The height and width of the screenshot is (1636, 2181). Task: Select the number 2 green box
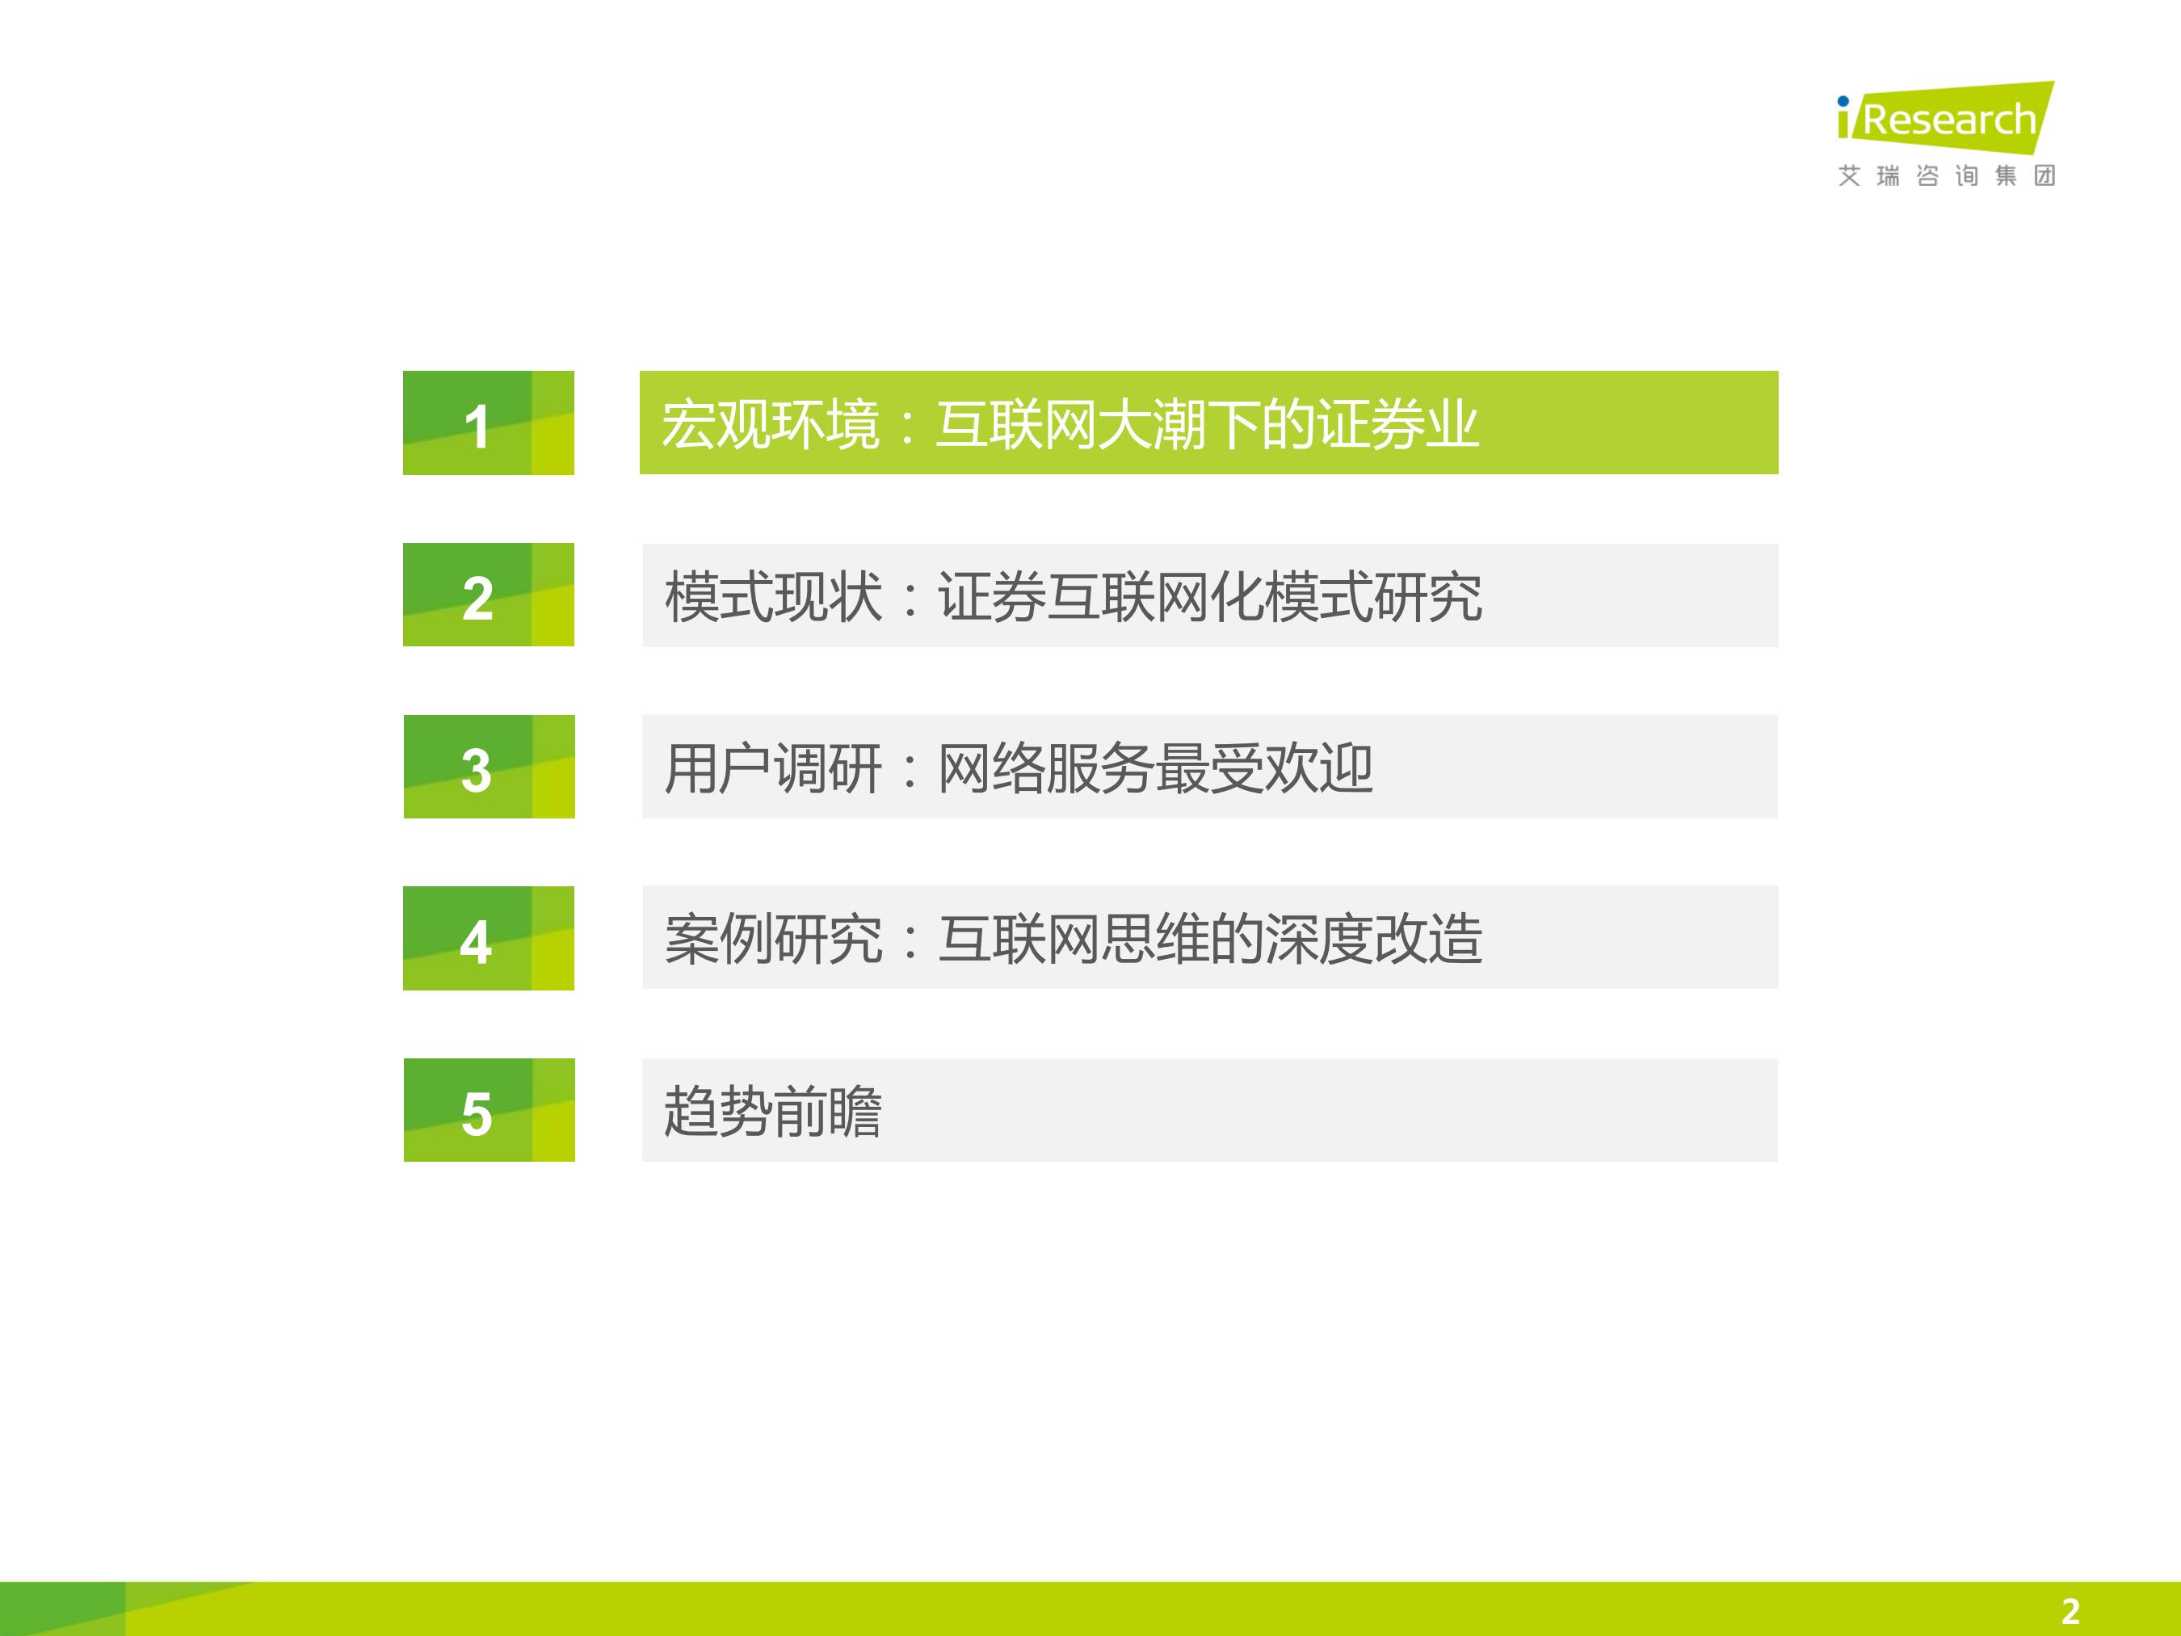click(x=488, y=595)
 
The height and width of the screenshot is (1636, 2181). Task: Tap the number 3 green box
click(x=489, y=766)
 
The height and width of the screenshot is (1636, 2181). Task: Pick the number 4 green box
click(x=488, y=938)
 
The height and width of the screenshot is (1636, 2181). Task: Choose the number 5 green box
click(x=489, y=1109)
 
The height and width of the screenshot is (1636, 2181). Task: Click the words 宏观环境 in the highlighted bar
click(x=770, y=425)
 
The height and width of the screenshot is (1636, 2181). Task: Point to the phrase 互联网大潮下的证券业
click(x=1207, y=425)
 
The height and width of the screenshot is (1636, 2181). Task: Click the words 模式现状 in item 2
click(x=773, y=596)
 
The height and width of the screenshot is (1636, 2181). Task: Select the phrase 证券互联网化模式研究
click(x=1210, y=596)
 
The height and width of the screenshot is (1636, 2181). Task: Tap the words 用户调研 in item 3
click(x=773, y=768)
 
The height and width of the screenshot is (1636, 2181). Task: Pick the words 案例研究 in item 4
click(x=773, y=939)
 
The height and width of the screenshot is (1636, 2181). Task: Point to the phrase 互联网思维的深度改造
click(x=1210, y=939)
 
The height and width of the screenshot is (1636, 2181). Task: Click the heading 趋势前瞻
click(x=773, y=1112)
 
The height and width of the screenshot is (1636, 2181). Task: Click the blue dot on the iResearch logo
click(x=1843, y=102)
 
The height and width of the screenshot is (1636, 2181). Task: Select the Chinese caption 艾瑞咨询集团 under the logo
click(x=1946, y=176)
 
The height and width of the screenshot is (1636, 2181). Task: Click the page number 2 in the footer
click(x=2070, y=1611)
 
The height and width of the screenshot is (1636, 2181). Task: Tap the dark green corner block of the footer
click(x=62, y=1609)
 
